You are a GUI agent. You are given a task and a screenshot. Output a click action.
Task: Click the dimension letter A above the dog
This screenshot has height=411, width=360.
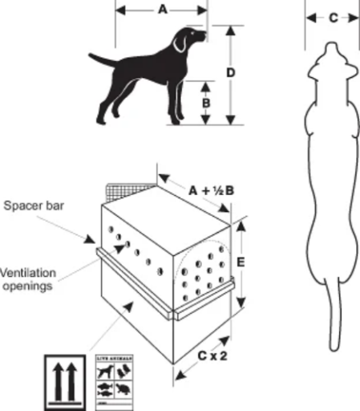162,11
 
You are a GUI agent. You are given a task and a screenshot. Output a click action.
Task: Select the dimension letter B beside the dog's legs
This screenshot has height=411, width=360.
206,103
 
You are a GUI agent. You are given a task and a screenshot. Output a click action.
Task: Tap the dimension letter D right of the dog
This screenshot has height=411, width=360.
231,73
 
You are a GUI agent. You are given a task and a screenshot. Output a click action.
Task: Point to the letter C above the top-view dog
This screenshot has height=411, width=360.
331,18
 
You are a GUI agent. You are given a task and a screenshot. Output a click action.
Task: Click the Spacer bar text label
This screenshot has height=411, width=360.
34,205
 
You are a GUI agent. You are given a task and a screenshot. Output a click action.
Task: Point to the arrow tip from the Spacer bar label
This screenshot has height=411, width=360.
97,239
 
